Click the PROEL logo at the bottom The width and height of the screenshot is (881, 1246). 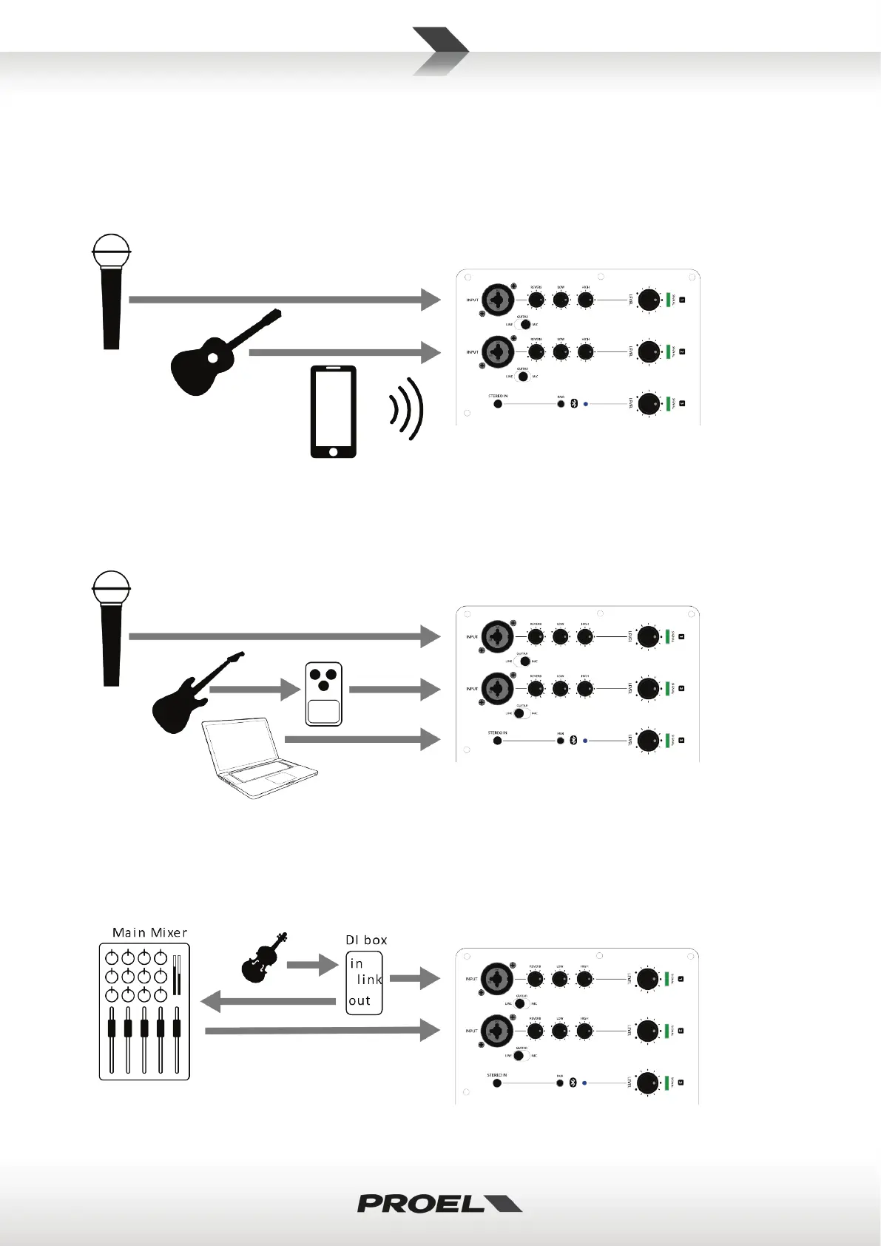click(x=439, y=1203)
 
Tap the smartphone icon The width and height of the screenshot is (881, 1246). click(x=333, y=411)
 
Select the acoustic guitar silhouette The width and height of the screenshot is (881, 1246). click(x=222, y=354)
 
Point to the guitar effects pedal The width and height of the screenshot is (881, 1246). click(x=324, y=694)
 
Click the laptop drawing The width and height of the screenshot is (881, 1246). click(x=259, y=758)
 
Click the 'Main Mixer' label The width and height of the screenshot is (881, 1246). click(x=149, y=932)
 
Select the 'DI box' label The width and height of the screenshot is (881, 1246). click(x=366, y=940)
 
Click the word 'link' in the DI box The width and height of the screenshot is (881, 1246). click(x=369, y=980)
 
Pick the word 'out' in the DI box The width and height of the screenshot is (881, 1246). click(x=360, y=1001)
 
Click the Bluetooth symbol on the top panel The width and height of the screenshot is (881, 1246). click(x=573, y=405)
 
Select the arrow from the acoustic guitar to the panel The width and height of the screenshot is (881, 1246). click(x=345, y=353)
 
